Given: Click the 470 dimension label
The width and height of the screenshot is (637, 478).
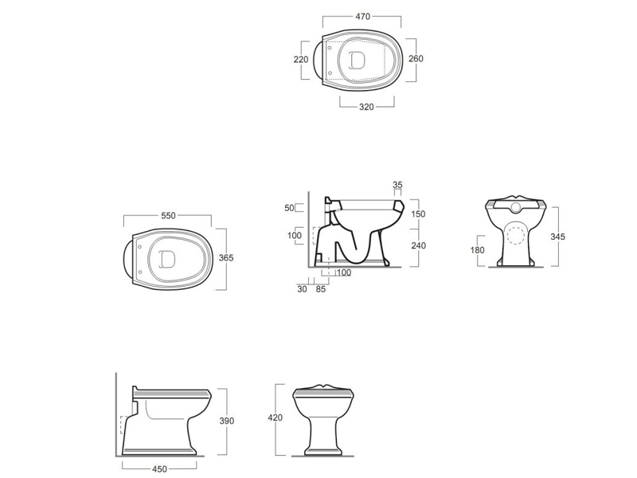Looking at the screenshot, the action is (362, 16).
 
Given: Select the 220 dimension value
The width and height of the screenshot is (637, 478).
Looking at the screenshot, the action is (301, 59).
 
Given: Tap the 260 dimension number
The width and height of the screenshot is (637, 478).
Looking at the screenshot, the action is (416, 58).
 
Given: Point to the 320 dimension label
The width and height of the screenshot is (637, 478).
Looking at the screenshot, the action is (366, 107).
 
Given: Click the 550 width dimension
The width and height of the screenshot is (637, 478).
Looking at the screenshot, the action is (168, 215).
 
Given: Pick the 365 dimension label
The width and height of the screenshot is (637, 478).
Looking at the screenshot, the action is (226, 257).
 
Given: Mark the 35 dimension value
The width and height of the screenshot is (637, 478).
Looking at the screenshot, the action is (397, 185).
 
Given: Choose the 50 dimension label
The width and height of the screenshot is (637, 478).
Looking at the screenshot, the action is (289, 208).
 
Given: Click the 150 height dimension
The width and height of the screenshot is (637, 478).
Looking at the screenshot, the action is (418, 214).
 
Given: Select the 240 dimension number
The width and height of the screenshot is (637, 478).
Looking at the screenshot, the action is (418, 245).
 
